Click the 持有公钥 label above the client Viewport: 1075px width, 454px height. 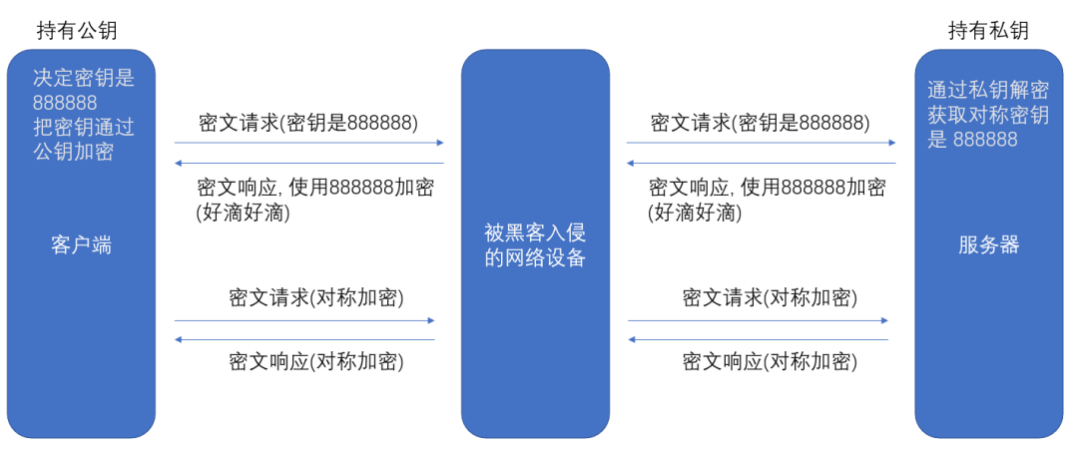77,31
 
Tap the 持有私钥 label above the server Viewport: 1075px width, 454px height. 988,31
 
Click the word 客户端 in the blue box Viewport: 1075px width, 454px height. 81,245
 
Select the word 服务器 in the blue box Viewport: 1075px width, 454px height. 989,245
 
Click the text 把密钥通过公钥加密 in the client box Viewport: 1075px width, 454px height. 83,140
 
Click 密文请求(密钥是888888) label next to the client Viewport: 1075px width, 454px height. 308,123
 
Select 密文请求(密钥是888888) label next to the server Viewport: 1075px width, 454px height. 760,123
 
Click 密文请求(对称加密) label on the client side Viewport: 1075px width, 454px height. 316,297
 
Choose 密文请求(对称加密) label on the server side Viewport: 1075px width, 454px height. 770,297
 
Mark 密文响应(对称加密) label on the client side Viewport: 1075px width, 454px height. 316,361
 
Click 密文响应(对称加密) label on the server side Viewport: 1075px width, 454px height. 770,361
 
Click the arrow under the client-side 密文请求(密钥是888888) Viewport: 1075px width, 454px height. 308,143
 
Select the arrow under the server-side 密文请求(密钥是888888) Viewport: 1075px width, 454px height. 761,143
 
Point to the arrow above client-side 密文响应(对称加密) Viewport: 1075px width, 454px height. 304,340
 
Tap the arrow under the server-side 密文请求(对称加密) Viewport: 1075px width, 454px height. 759,320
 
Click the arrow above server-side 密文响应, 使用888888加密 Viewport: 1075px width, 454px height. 761,163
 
